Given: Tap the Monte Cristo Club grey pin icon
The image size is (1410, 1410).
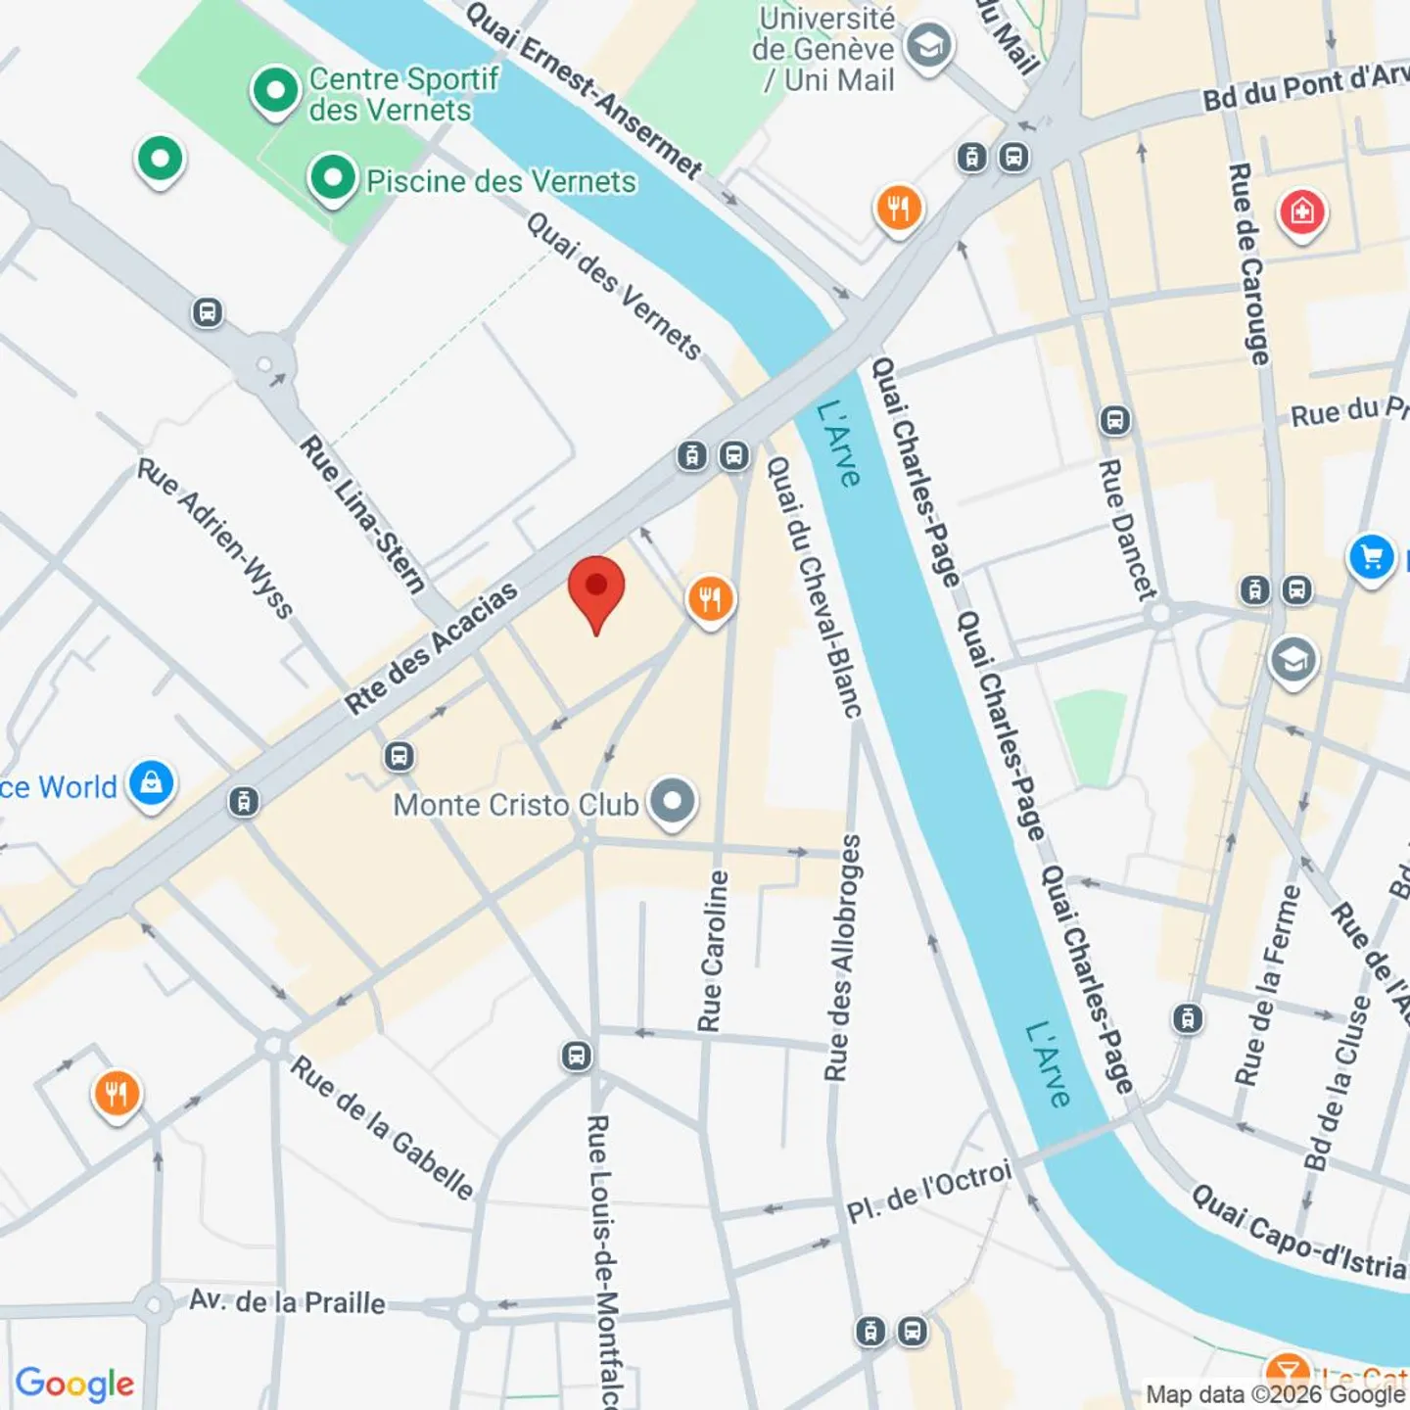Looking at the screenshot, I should [x=673, y=802].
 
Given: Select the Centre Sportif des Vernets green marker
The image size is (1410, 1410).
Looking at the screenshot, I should [x=275, y=91].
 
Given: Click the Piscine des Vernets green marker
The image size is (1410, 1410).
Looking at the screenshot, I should [x=333, y=178].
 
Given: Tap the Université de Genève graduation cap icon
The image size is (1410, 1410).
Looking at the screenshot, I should [x=927, y=46].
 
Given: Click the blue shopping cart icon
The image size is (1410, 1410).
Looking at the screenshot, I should [x=1371, y=557].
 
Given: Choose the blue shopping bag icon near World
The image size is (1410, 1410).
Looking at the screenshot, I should [x=152, y=783].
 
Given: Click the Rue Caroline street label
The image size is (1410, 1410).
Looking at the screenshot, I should [x=714, y=951].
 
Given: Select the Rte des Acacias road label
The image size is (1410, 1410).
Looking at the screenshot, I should [x=431, y=647].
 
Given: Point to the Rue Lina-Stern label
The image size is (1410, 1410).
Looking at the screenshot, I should [x=362, y=514].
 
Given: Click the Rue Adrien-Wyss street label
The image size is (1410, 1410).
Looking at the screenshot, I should [x=215, y=538].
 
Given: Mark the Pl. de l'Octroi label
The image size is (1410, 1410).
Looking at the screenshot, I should [x=928, y=1192].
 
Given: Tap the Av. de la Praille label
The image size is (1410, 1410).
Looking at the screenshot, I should [x=287, y=1301].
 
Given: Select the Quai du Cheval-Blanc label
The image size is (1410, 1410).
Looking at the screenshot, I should [x=814, y=587].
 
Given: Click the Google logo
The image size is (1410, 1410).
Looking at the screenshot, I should [x=74, y=1383].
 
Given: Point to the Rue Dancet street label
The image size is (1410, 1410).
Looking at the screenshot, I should [x=1126, y=529].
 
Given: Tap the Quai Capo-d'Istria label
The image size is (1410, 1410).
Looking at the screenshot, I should [x=1298, y=1233].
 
